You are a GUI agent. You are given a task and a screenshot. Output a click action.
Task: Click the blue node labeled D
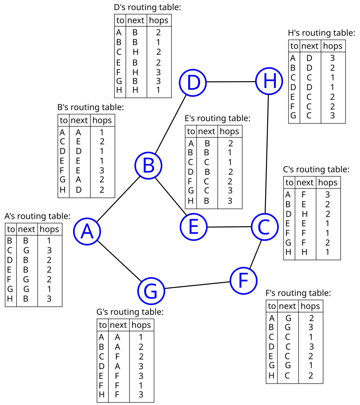point(193,82)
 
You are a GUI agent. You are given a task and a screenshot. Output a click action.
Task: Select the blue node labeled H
point(269,81)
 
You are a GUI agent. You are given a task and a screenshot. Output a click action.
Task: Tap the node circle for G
point(151,291)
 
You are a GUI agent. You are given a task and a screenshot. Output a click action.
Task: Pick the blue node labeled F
point(243,281)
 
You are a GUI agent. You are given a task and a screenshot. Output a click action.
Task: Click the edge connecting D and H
point(231,82)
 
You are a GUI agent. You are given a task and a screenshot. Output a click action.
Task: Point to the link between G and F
point(197,285)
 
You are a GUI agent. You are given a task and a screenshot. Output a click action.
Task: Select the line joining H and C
point(267,154)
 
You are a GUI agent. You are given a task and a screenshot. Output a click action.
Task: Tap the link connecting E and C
point(229,227)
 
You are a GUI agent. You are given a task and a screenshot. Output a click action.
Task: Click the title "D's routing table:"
point(148,7)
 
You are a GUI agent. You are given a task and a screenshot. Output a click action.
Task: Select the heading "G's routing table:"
point(130,312)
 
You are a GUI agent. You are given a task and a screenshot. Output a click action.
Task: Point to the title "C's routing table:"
point(316,170)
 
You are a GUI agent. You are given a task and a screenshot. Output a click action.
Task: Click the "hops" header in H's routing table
point(333,46)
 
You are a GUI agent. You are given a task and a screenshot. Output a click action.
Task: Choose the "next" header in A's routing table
point(27,229)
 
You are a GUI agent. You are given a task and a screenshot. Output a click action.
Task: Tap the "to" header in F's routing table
point(272,306)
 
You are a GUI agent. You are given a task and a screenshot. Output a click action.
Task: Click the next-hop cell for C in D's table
point(136,52)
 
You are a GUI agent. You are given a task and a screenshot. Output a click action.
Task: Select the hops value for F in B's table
point(102,170)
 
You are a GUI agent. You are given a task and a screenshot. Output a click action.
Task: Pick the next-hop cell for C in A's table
point(26,250)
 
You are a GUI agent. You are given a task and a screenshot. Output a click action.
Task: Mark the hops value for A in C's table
point(328,194)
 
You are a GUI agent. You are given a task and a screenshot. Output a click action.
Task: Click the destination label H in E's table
point(190,201)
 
